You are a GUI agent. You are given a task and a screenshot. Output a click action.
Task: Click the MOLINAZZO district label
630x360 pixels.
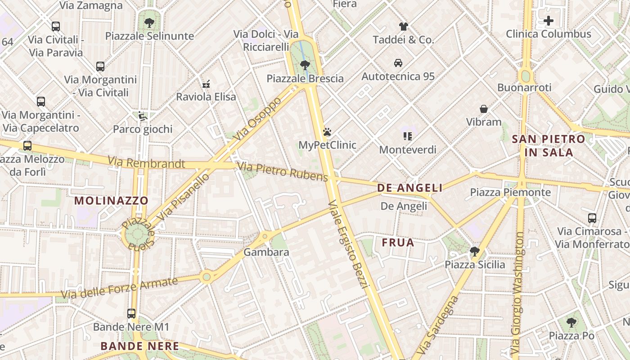pyautogui.click(x=111, y=201)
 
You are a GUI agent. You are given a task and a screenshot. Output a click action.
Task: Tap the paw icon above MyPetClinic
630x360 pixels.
pyautogui.click(x=327, y=132)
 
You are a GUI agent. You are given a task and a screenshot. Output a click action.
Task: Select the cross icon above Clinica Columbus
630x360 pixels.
pyautogui.click(x=548, y=21)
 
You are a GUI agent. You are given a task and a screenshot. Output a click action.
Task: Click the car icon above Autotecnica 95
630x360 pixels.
pyautogui.click(x=398, y=63)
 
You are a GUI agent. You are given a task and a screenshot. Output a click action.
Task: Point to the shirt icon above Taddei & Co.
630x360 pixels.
pyautogui.click(x=403, y=27)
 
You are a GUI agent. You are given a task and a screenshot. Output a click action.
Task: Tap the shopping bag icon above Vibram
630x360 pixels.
pyautogui.click(x=484, y=109)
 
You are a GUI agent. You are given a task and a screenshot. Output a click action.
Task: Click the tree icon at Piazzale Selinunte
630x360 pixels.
pyautogui.click(x=149, y=22)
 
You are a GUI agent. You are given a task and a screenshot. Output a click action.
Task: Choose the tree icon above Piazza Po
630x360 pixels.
pyautogui.click(x=571, y=322)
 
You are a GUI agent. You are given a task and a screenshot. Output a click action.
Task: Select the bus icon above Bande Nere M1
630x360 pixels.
pyautogui.click(x=131, y=314)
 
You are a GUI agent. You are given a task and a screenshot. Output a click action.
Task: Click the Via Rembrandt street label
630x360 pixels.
pyautogui.click(x=146, y=162)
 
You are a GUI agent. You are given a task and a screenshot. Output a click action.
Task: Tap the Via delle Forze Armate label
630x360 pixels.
pyautogui.click(x=119, y=288)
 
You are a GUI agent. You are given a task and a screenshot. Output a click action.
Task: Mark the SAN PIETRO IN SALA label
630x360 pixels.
pyautogui.click(x=549, y=145)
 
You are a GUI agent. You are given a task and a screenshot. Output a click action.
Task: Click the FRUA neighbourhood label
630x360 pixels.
pyautogui.click(x=398, y=243)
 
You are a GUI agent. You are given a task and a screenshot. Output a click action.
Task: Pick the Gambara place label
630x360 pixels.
pyautogui.click(x=266, y=252)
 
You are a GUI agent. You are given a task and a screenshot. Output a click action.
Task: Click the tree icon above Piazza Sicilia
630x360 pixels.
pyautogui.click(x=474, y=251)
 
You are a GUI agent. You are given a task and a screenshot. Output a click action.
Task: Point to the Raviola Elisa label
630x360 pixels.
pyautogui.click(x=206, y=97)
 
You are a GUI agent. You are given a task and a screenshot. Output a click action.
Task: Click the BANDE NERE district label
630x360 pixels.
pyautogui.click(x=139, y=346)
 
